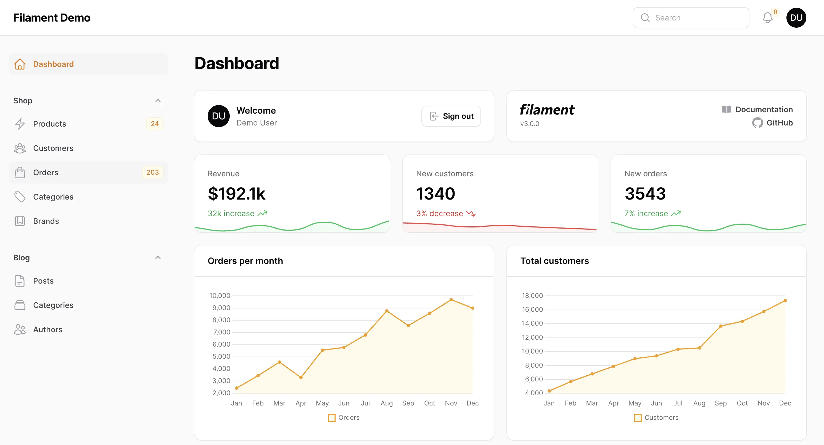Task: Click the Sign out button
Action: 451,116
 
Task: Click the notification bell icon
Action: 767,18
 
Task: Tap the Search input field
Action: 691,18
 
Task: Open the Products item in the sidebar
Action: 50,124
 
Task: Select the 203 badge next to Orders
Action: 153,172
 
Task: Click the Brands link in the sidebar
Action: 46,221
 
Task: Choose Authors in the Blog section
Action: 48,329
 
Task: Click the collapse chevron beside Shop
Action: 158,101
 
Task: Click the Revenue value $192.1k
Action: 236,194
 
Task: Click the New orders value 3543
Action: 645,194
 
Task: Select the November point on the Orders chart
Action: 451,300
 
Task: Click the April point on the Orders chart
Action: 301,378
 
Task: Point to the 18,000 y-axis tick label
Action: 532,295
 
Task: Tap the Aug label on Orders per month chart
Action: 386,403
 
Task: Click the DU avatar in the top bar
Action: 796,18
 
